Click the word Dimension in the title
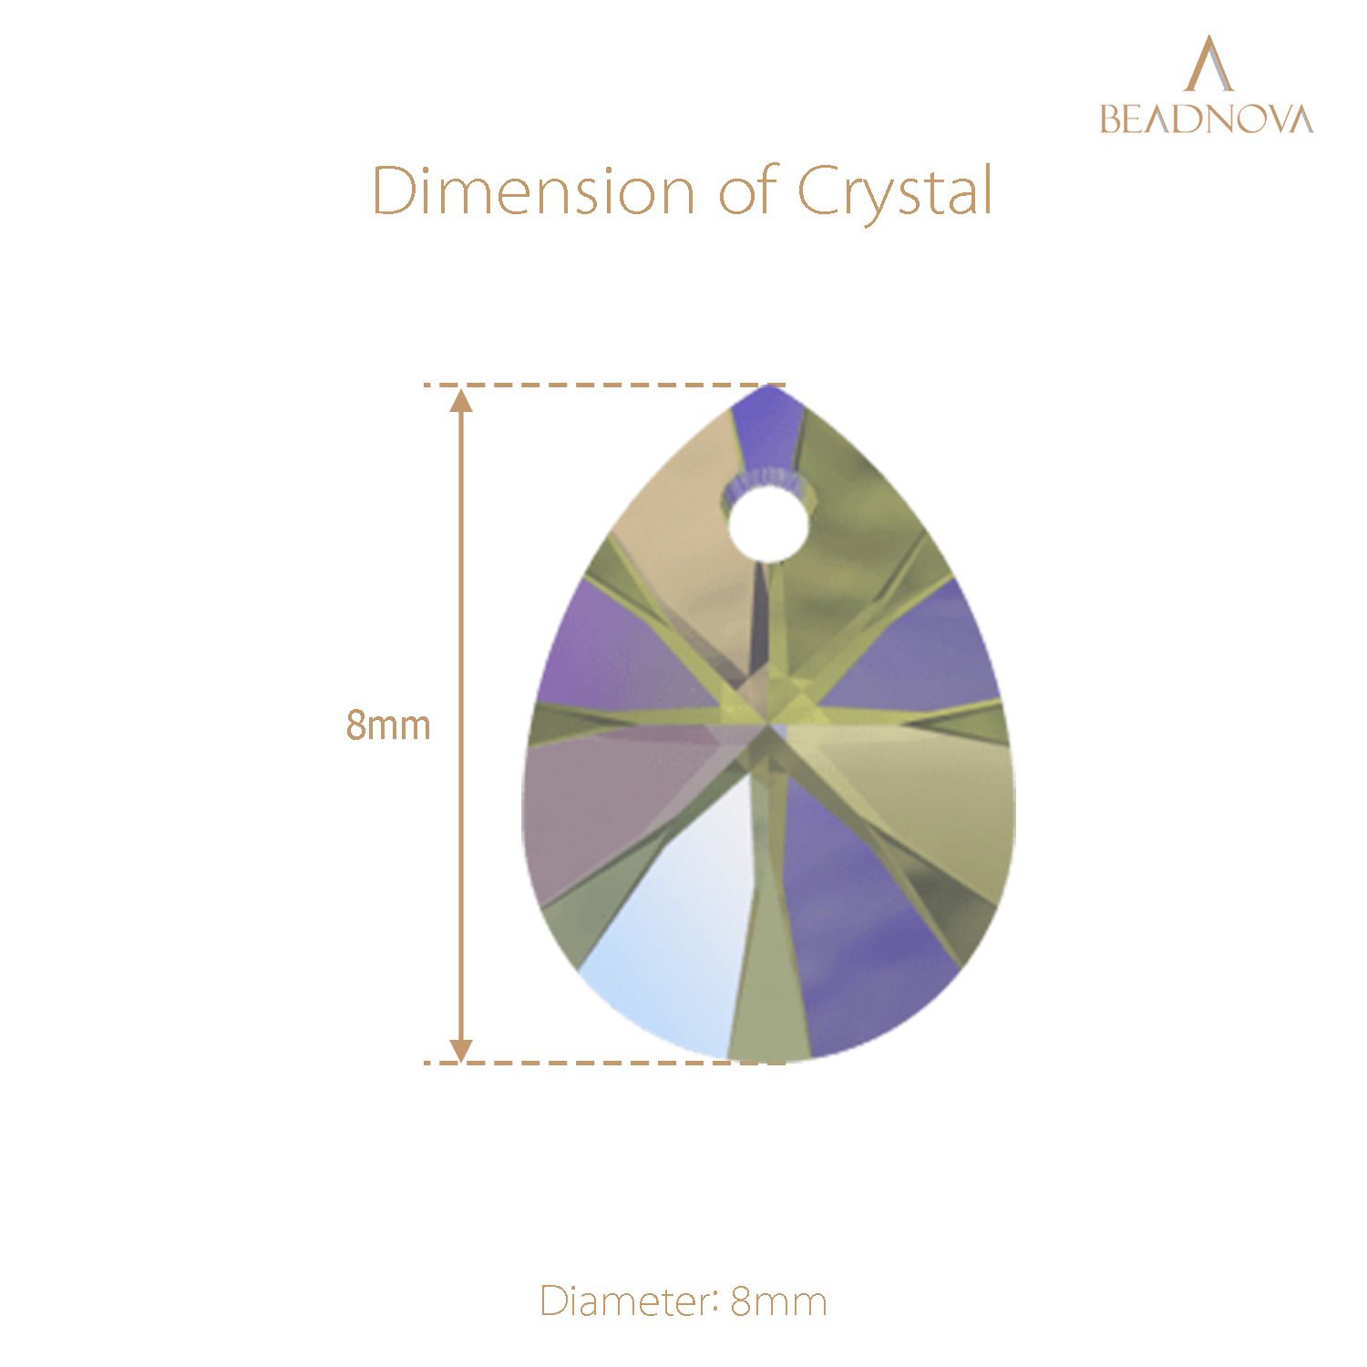(534, 190)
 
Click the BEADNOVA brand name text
(1207, 118)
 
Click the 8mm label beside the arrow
(388, 725)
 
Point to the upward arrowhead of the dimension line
(462, 400)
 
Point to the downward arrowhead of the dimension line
(462, 1049)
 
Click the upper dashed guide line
(604, 385)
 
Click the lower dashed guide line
(604, 1063)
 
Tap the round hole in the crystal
(769, 525)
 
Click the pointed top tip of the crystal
(770, 386)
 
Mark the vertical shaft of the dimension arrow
(462, 725)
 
